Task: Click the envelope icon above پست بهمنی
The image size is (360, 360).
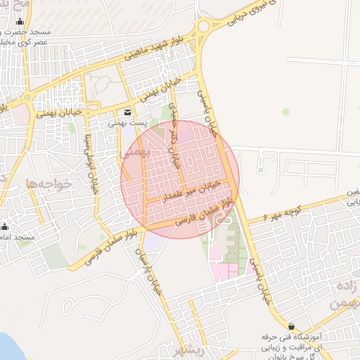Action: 127,112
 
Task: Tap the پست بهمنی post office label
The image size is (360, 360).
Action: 127,122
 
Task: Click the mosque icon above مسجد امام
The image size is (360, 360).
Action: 5,226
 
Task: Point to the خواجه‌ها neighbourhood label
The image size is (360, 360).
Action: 49,183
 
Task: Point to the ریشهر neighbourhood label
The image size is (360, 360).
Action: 190,352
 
